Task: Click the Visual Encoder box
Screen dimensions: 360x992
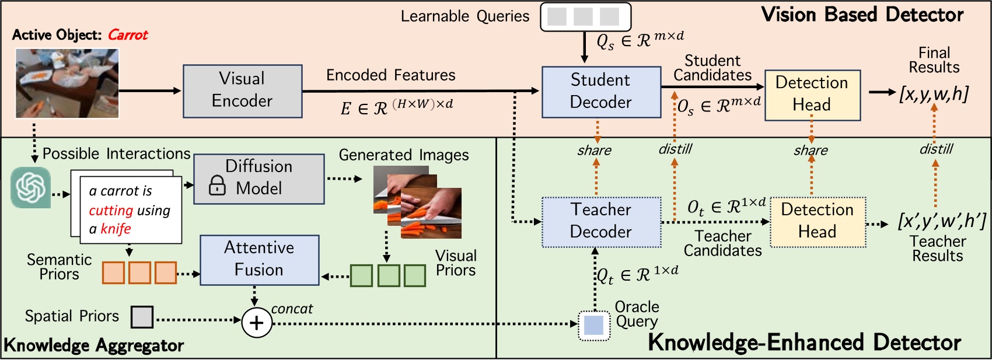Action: click(242, 91)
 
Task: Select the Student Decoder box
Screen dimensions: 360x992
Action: click(600, 92)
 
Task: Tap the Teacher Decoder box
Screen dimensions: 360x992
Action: click(600, 221)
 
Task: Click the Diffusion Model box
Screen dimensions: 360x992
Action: click(259, 179)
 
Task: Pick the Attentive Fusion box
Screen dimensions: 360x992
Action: click(259, 260)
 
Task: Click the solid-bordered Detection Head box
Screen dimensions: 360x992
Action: click(812, 95)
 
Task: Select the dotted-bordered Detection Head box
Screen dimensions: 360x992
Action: click(818, 222)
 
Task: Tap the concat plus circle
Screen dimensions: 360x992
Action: click(257, 323)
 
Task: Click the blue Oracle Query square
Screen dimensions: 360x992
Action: click(593, 325)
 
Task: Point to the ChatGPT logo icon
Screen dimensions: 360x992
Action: click(30, 188)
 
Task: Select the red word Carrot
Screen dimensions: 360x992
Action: click(128, 35)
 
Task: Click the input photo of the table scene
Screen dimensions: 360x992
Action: click(67, 83)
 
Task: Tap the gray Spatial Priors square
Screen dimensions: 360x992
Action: click(142, 317)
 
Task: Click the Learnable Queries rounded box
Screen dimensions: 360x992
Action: click(585, 16)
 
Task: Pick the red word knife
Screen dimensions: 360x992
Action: click(116, 229)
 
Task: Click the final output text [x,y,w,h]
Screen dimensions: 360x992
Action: click(934, 93)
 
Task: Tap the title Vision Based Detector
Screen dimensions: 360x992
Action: click(862, 15)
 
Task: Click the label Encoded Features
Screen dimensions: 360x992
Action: click(390, 75)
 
